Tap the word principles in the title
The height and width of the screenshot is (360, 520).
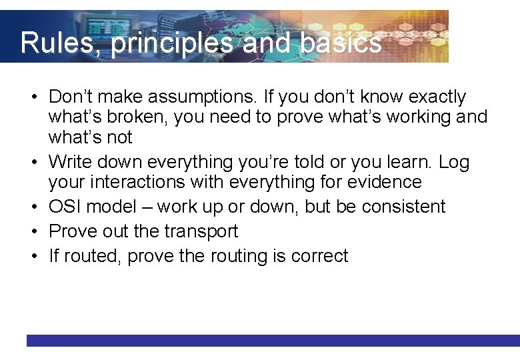[172, 43]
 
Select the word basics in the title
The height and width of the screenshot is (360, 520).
[341, 43]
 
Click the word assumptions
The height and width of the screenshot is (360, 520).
[200, 97]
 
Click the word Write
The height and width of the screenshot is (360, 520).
[70, 162]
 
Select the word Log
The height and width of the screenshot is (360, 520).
[454, 162]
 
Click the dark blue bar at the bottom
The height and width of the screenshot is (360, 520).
[273, 340]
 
